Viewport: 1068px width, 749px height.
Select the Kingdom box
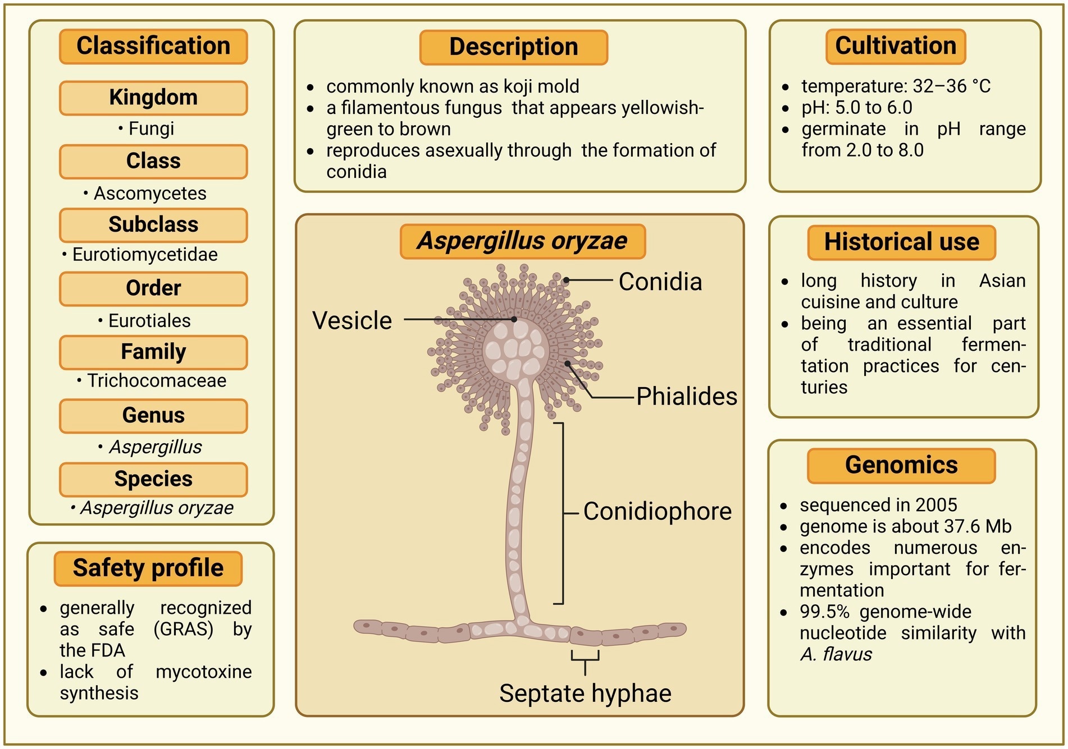click(153, 98)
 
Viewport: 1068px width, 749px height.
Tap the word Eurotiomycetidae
click(145, 255)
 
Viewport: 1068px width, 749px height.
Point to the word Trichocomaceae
click(157, 381)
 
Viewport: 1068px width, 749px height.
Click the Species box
click(153, 479)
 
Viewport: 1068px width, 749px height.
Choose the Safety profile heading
click(148, 568)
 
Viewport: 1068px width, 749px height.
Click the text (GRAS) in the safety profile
click(184, 629)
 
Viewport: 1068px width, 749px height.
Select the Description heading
click(513, 47)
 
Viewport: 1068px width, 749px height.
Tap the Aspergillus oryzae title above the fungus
click(522, 241)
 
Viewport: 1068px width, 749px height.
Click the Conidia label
click(660, 282)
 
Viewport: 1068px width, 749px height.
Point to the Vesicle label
click(352, 321)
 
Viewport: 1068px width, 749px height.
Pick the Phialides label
click(686, 397)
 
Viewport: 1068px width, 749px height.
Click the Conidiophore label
click(657, 512)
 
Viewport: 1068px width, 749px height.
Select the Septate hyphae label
click(585, 694)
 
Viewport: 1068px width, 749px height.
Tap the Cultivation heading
click(896, 46)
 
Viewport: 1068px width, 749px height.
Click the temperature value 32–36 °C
click(952, 86)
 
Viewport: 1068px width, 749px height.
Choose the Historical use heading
click(901, 242)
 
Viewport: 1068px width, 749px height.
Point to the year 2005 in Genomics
click(936, 505)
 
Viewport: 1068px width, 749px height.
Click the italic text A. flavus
click(836, 655)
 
